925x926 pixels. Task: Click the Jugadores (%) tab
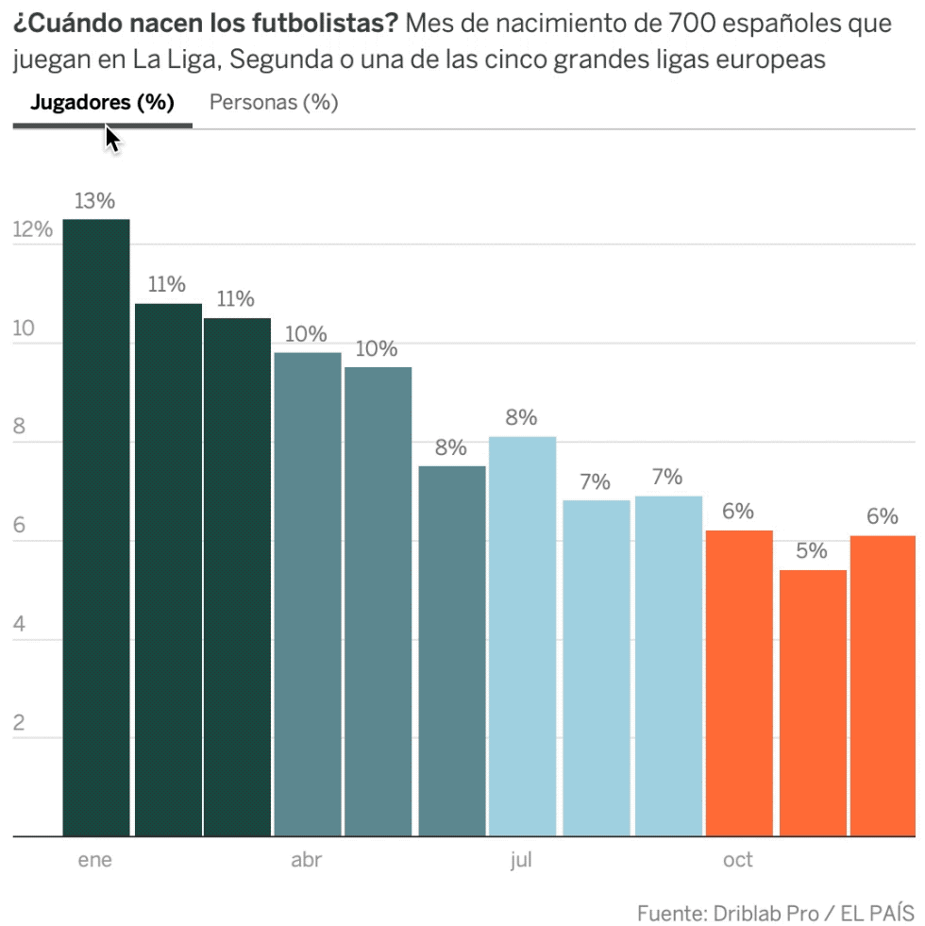click(102, 103)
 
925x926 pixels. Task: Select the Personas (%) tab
click(274, 103)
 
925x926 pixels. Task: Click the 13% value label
click(94, 201)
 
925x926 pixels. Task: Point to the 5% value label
click(811, 550)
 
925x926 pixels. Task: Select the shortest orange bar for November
click(813, 702)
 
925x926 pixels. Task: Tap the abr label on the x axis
click(307, 860)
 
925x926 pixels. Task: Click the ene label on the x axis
click(94, 860)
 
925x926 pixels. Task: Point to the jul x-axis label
click(521, 860)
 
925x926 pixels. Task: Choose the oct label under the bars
click(738, 860)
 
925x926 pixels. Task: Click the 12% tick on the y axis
click(33, 230)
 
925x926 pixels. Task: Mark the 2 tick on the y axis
click(19, 724)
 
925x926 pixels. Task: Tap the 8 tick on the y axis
click(19, 428)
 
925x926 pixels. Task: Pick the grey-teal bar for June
click(452, 650)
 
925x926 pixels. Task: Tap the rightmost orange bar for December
click(883, 685)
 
